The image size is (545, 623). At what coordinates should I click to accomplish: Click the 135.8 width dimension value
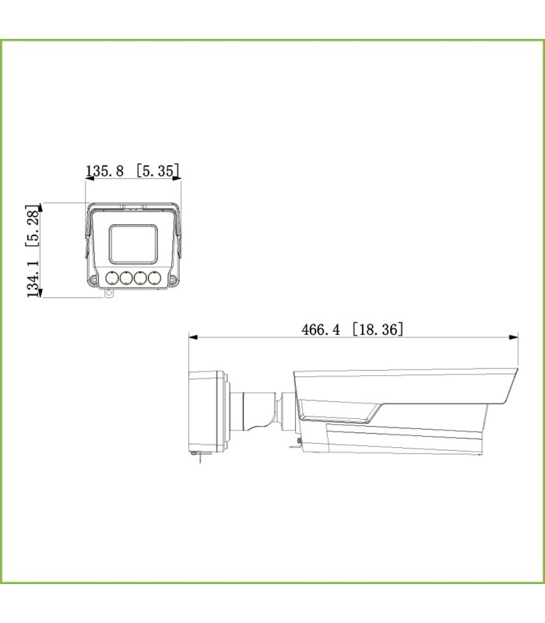click(x=105, y=171)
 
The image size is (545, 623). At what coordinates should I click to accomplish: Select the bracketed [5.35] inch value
click(x=158, y=171)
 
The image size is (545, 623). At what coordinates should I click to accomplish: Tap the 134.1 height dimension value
click(x=33, y=279)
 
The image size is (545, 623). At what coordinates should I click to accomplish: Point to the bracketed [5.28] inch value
click(x=32, y=226)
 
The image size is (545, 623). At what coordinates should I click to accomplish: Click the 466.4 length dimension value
click(x=321, y=329)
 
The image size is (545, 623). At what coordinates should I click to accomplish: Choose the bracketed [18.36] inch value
click(x=378, y=329)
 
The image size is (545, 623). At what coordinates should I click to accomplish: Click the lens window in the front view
click(x=133, y=244)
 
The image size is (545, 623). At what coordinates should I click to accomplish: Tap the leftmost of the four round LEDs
click(x=112, y=278)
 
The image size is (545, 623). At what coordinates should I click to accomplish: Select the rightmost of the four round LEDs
click(x=154, y=278)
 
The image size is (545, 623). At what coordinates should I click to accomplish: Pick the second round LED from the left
click(x=126, y=278)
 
